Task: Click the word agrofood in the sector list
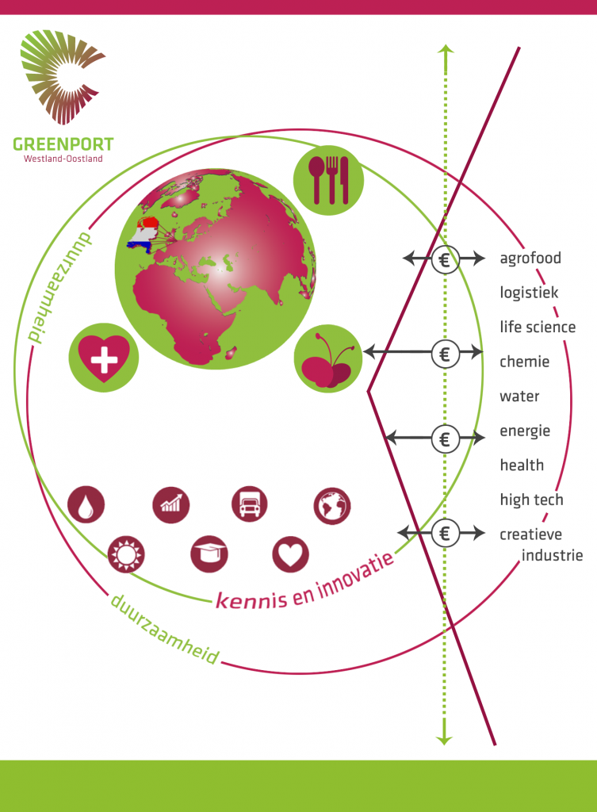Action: point(530,258)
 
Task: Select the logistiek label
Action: point(529,293)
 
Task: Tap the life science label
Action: point(538,327)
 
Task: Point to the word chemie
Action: point(524,362)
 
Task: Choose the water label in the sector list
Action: point(519,396)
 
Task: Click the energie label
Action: point(525,431)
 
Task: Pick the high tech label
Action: point(531,500)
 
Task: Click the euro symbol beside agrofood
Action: point(445,259)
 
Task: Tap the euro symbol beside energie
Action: point(445,438)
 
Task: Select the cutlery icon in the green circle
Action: point(328,180)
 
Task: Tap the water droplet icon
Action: point(86,504)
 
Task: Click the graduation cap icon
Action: point(209,553)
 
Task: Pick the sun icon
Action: point(127,553)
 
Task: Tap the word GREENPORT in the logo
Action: point(63,144)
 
